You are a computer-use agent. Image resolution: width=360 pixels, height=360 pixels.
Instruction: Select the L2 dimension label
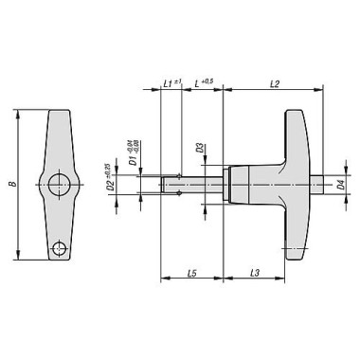(x=273, y=84)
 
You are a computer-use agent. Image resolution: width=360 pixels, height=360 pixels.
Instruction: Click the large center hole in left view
(x=61, y=183)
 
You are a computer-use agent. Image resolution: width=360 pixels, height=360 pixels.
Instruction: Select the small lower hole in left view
(x=60, y=248)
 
